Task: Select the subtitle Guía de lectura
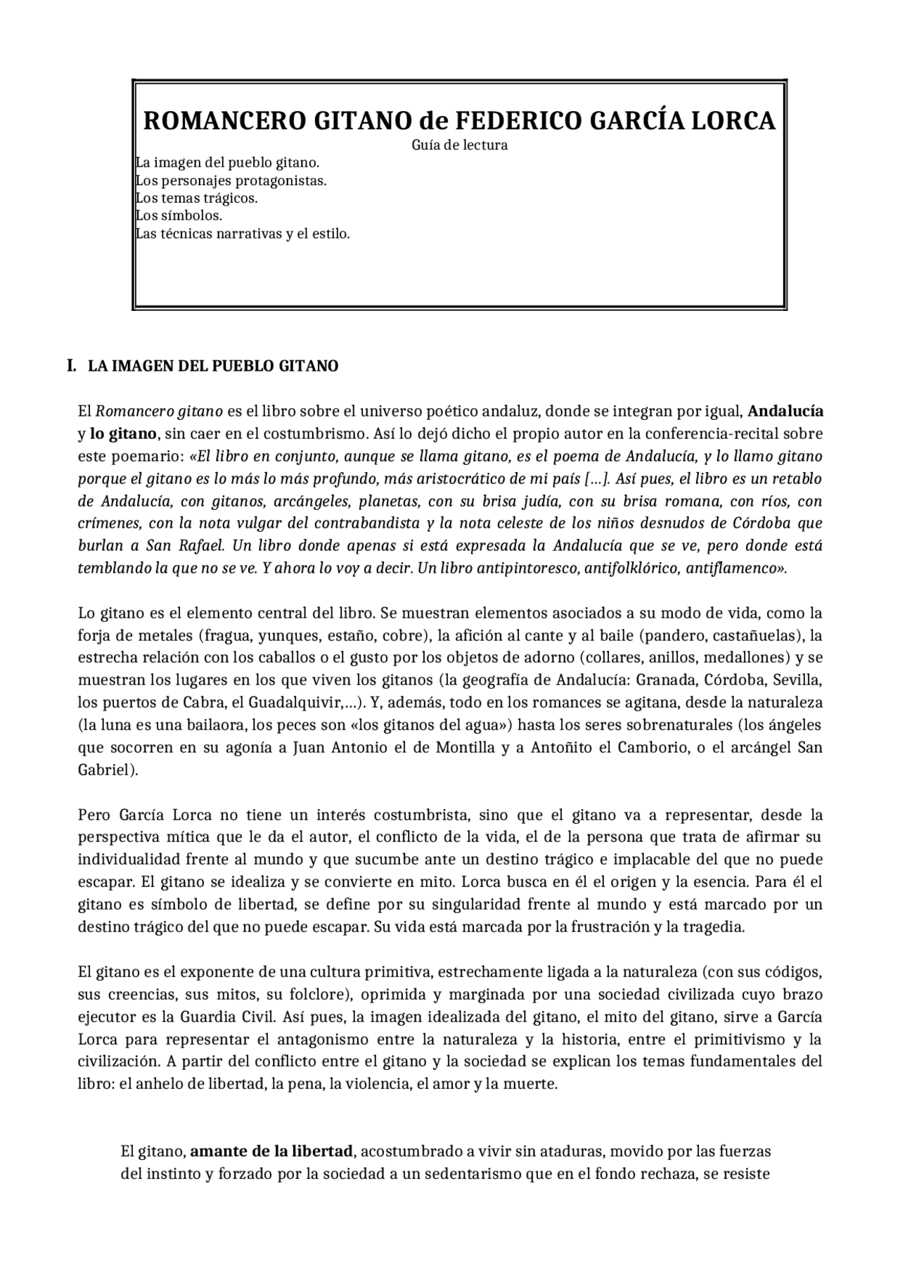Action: point(459,146)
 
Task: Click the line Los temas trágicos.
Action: point(197,198)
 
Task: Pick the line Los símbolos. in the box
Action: point(179,216)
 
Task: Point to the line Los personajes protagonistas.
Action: point(231,181)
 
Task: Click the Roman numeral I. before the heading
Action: point(71,366)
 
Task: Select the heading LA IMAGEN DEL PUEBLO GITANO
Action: point(213,367)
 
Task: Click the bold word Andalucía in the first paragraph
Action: point(786,411)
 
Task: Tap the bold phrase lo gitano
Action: point(123,433)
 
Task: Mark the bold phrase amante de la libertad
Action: point(271,1152)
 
